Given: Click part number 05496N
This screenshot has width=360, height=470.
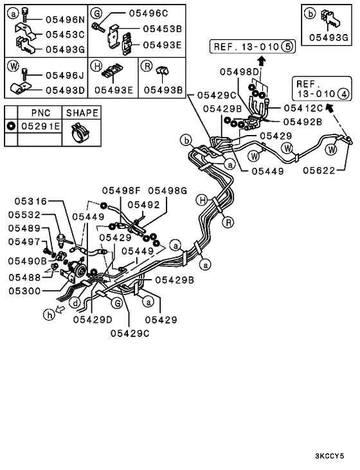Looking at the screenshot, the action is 65,20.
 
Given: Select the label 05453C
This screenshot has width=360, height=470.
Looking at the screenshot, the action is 65,35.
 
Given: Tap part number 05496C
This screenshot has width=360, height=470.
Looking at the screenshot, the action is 148,14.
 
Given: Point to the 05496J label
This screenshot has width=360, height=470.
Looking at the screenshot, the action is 65,75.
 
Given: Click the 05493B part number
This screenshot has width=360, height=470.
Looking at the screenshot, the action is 163,90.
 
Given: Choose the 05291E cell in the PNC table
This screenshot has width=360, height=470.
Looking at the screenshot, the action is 40,126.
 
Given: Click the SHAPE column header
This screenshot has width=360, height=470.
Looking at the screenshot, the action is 82,113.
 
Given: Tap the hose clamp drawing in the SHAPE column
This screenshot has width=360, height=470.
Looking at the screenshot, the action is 80,133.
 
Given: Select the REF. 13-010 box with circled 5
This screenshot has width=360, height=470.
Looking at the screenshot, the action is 253,47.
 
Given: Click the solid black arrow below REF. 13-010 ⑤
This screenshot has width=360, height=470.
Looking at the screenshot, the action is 262,61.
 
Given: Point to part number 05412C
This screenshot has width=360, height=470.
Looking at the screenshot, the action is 303,108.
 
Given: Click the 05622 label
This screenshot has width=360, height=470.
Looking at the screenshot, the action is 319,170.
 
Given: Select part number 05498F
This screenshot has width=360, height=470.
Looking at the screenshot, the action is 121,191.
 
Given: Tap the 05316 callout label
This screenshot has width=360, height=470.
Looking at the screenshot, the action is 31,201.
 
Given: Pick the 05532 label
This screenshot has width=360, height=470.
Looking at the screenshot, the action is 24,215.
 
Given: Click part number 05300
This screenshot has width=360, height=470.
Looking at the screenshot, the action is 24,291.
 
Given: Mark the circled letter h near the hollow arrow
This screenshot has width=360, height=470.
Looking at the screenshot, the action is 49,314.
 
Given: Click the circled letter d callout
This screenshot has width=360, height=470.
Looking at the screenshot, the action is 75,303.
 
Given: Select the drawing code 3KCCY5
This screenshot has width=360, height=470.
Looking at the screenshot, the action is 329,456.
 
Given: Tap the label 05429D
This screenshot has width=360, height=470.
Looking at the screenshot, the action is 93,320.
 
